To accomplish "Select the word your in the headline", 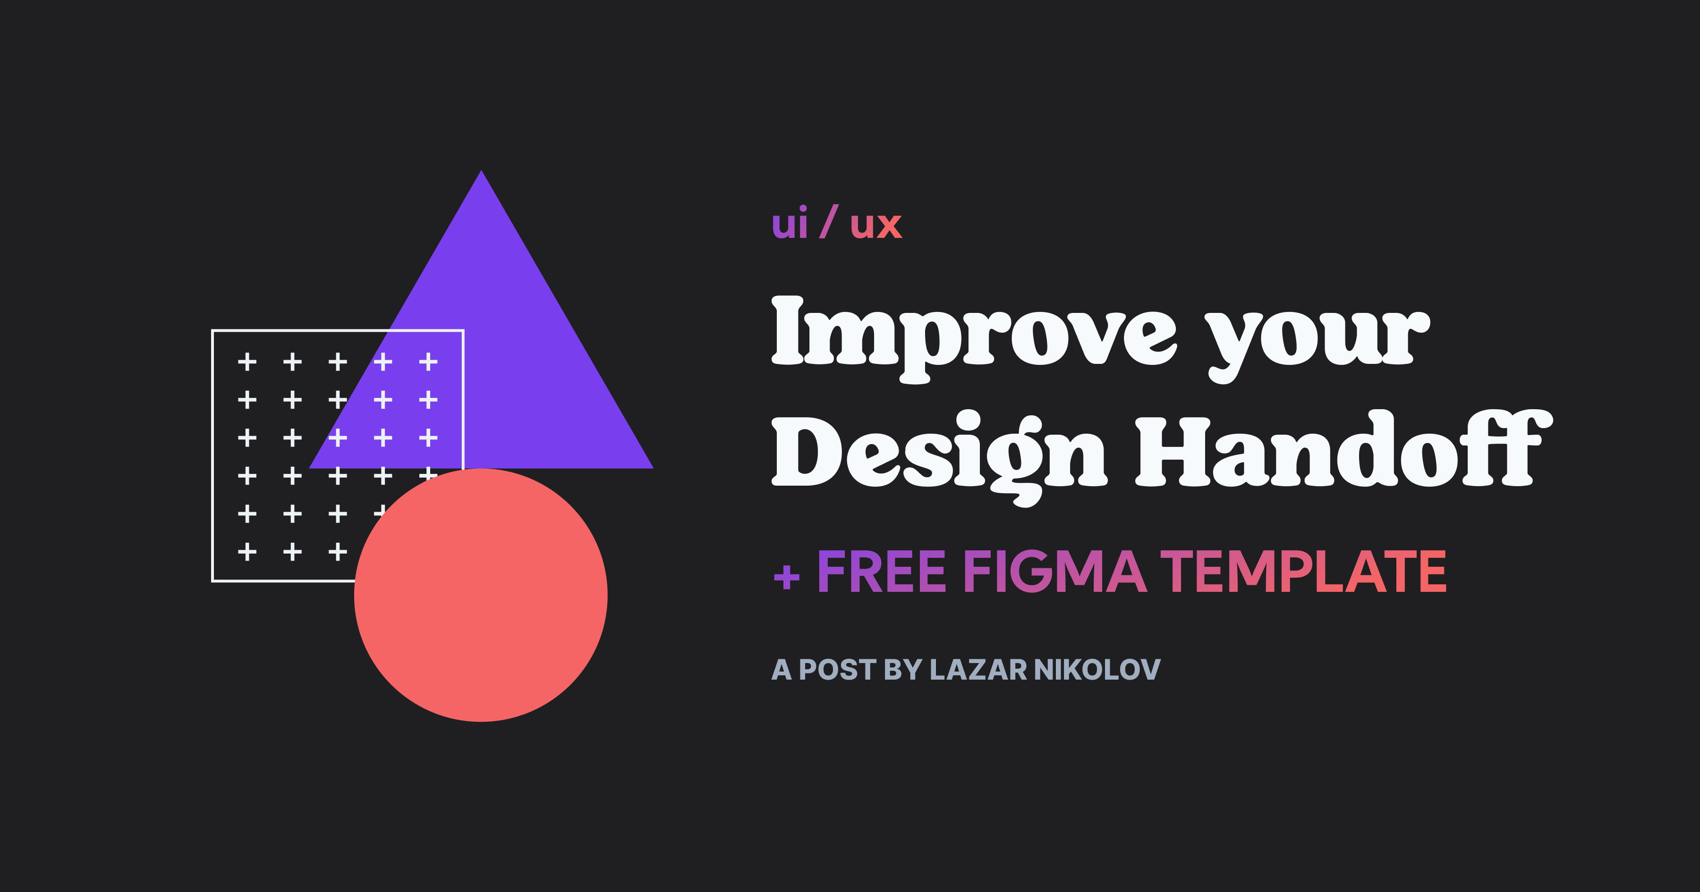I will [1317, 337].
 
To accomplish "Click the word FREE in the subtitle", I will [882, 572].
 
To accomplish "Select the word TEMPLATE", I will [1303, 572].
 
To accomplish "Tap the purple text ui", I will [789, 224].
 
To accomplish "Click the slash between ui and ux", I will [829, 222].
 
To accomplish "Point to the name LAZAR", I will [978, 670].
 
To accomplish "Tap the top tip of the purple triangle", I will [481, 173].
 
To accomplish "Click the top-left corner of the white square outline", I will [212, 330].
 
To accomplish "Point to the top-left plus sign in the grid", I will [247, 362].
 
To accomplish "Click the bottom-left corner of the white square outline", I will [212, 581].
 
